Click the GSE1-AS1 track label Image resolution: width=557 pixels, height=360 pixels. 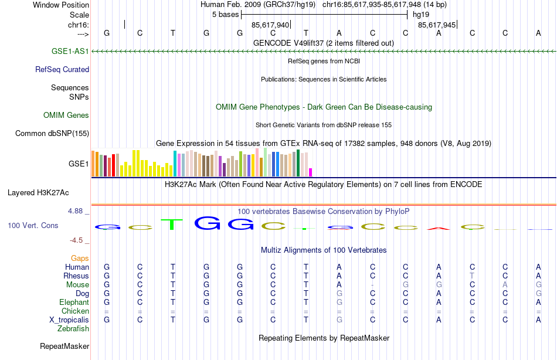tap(70, 52)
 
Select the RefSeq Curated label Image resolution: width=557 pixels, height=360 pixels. tap(62, 70)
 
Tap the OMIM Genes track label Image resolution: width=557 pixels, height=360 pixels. tap(66, 116)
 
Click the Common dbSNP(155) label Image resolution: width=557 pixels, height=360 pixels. tap(52, 134)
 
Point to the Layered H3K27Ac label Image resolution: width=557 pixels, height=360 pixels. tap(38, 192)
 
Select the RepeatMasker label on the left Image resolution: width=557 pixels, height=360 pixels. tap(64, 347)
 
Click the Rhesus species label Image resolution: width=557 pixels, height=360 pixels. tap(77, 276)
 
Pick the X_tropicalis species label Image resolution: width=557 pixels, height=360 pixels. tap(69, 320)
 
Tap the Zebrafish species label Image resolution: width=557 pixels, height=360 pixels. tap(73, 329)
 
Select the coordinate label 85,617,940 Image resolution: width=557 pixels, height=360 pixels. tap(270, 25)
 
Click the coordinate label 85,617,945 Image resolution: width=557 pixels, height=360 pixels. tap(437, 25)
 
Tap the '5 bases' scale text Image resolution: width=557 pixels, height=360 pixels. tap(225, 15)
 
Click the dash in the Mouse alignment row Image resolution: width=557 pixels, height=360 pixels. tap(372, 285)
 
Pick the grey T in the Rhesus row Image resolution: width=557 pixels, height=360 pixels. tap(472, 276)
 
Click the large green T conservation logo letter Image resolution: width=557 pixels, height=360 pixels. tap(172, 224)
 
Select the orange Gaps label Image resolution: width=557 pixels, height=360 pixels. tap(80, 259)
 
